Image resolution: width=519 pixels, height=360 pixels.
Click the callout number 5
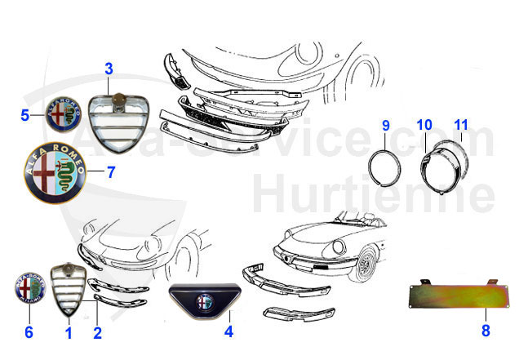click(x=25, y=115)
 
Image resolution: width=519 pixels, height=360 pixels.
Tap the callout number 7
click(x=111, y=173)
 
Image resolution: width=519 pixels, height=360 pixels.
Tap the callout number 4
click(x=228, y=332)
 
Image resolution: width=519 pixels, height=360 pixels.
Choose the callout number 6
click(x=29, y=332)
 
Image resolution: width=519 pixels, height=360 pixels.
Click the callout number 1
click(x=69, y=332)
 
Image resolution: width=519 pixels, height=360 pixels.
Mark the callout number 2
click(x=97, y=332)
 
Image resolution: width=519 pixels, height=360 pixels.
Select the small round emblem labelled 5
click(x=62, y=114)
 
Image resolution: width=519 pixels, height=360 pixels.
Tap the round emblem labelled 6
click(x=30, y=291)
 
